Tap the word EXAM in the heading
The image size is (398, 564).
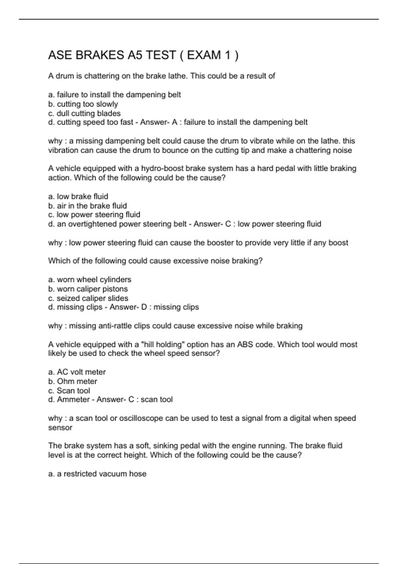pyautogui.click(x=204, y=55)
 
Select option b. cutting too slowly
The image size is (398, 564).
pyautogui.click(x=83, y=104)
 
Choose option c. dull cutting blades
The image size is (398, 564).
pyautogui.click(x=84, y=113)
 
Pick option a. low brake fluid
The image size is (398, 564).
pyautogui.click(x=78, y=196)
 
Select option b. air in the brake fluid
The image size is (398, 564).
pyautogui.click(x=87, y=206)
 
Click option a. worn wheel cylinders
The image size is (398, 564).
pyautogui.click(x=90, y=280)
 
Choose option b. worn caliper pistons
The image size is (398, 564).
pyautogui.click(x=88, y=289)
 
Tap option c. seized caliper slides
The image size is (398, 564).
pyautogui.click(x=88, y=298)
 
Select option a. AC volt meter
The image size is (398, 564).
pyautogui.click(x=77, y=372)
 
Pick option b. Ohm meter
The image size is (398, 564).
pyautogui.click(x=73, y=382)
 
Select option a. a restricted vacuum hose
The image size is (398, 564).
pyautogui.click(x=97, y=474)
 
